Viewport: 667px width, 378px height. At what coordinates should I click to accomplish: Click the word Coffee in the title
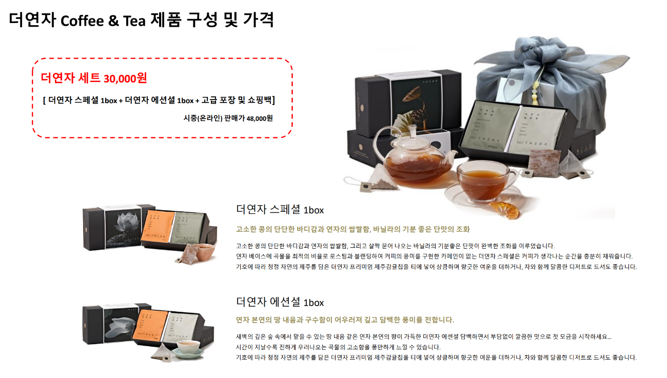82,21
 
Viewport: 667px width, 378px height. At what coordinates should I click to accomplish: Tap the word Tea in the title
134,21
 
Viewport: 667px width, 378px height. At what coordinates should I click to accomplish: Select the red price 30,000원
125,78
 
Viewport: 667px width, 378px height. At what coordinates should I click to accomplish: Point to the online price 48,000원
260,118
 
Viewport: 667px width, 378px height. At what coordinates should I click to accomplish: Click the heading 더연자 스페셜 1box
280,210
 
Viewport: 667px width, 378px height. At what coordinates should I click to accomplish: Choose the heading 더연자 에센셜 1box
280,302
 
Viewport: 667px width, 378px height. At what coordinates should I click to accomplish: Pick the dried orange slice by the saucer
505,210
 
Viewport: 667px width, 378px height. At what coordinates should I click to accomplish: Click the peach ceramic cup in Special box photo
205,251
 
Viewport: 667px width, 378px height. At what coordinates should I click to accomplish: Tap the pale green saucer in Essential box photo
188,353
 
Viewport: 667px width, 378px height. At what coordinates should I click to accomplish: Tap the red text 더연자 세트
70,78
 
